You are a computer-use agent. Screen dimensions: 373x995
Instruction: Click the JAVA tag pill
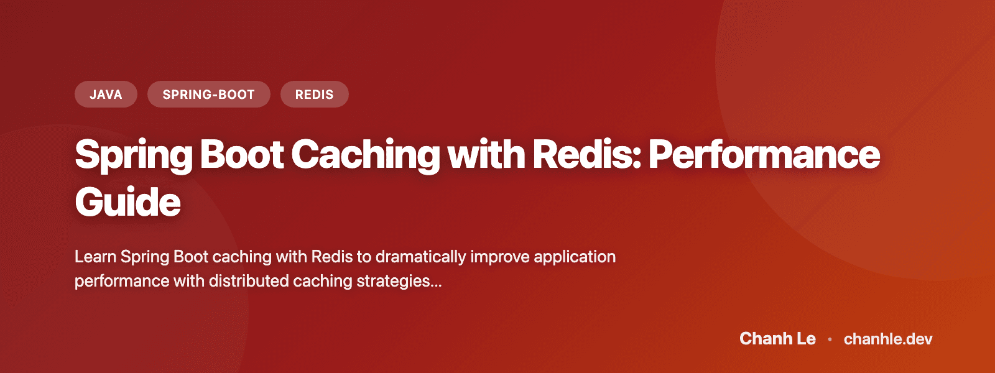[x=106, y=94]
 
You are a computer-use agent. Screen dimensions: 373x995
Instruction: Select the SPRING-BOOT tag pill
[x=208, y=94]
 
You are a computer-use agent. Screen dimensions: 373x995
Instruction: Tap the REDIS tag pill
[x=314, y=94]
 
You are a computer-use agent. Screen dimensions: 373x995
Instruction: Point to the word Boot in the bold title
[x=242, y=155]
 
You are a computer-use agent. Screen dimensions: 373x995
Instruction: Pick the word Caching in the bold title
[x=365, y=155]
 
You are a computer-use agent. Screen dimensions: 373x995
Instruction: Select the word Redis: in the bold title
[x=586, y=155]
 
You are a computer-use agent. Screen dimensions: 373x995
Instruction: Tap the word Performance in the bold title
[x=764, y=155]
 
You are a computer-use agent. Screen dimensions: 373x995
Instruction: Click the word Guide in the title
[x=127, y=203]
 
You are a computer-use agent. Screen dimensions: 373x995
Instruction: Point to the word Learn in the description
[x=95, y=257]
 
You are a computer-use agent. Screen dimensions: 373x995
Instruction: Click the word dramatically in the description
[x=420, y=257]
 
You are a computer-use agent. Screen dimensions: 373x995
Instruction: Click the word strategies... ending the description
[x=399, y=281]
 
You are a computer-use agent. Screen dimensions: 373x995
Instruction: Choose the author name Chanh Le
[x=777, y=339]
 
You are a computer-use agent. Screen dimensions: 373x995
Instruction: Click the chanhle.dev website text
[x=888, y=339]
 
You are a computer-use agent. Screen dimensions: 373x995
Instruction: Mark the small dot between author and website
[x=830, y=339]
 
